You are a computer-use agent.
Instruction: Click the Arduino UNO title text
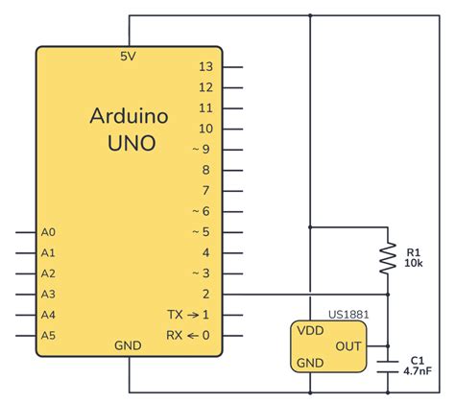[x=131, y=130]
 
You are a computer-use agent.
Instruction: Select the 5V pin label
[x=129, y=57]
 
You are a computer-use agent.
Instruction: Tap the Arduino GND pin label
[x=129, y=345]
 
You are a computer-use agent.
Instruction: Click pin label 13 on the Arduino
[x=204, y=67]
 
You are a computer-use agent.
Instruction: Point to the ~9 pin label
[x=200, y=149]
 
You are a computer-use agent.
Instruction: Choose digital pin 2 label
[x=206, y=294]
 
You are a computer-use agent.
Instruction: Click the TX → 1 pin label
[x=188, y=315]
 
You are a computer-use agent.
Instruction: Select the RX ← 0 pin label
[x=188, y=335]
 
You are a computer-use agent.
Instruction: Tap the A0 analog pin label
[x=49, y=232]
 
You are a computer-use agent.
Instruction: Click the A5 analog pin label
[x=49, y=335]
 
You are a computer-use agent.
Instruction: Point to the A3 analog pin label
[x=49, y=294]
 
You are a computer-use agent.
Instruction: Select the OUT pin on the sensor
[x=347, y=345]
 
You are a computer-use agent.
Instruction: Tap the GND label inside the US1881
[x=309, y=363]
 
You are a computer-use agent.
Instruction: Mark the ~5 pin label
[x=200, y=232]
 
